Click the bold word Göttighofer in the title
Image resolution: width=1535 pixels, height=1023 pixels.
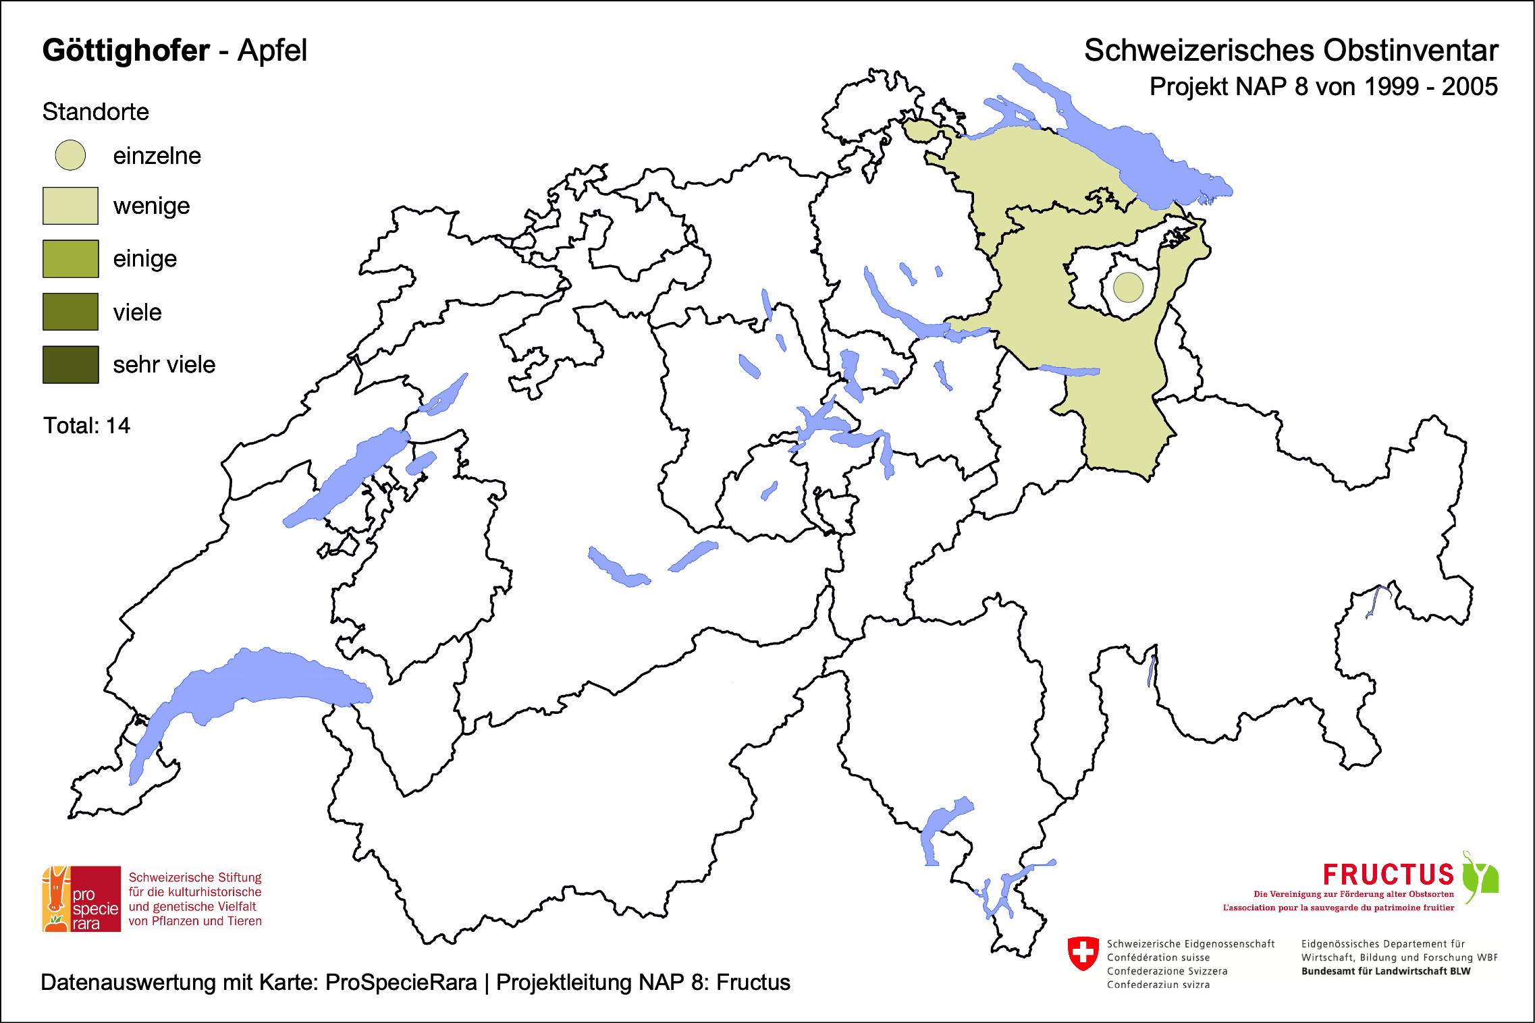(126, 51)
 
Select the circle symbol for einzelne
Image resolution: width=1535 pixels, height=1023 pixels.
(70, 155)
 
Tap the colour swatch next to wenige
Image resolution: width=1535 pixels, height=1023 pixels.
(70, 206)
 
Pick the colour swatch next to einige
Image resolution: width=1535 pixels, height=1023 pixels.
(70, 258)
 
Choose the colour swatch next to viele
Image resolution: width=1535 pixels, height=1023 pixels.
(70, 312)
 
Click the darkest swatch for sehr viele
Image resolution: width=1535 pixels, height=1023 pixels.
(70, 364)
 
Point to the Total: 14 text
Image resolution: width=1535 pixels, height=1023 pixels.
(86, 426)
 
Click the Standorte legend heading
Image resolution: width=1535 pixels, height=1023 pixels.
(95, 112)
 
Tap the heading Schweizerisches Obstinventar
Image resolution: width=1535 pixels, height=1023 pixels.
(1291, 51)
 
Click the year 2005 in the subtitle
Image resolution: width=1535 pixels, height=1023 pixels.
(1470, 87)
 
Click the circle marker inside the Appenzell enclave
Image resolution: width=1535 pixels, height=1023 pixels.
(1128, 287)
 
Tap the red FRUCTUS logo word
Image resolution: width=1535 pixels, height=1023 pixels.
(1388, 875)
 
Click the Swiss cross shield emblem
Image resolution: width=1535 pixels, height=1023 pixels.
(1083, 953)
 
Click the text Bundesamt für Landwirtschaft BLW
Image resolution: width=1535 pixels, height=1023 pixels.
(1385, 971)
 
